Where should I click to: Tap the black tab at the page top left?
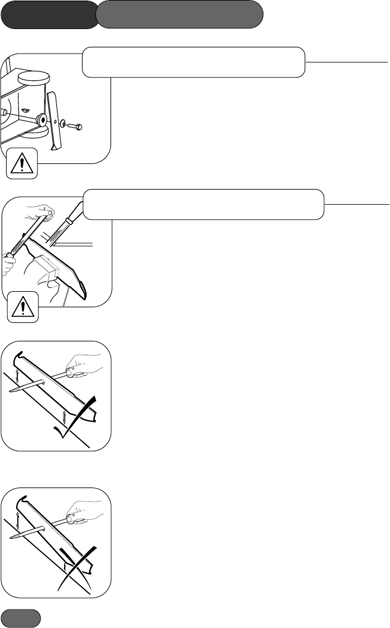tap(49, 15)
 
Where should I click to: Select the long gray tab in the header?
tap(179, 15)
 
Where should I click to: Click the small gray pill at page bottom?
tap(21, 618)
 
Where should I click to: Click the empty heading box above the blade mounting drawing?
tap(194, 61)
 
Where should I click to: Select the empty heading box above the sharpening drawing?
tap(204, 204)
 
